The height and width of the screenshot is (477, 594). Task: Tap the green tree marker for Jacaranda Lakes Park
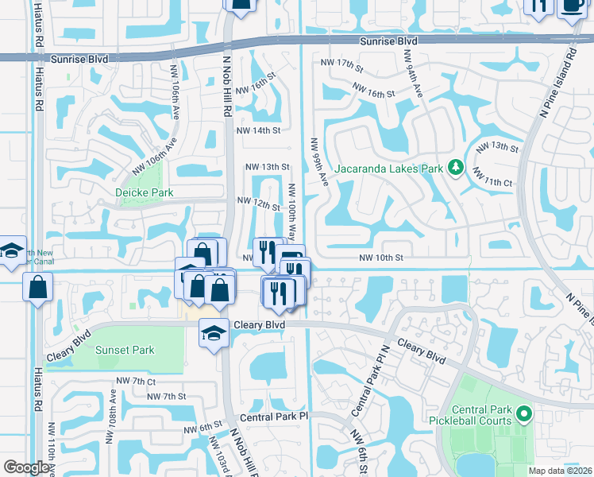(x=456, y=168)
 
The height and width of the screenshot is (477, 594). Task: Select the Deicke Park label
(x=144, y=192)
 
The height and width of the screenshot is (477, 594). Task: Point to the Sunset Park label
(x=125, y=350)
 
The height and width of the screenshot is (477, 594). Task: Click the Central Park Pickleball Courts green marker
(x=523, y=413)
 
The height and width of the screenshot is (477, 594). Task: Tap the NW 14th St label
(x=264, y=130)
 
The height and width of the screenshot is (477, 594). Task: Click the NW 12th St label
(x=259, y=205)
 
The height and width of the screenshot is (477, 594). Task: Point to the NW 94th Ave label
(x=414, y=74)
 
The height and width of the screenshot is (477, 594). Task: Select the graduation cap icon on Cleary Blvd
(x=213, y=333)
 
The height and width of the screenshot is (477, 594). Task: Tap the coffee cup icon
(x=573, y=6)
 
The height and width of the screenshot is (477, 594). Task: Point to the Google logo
(x=27, y=467)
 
